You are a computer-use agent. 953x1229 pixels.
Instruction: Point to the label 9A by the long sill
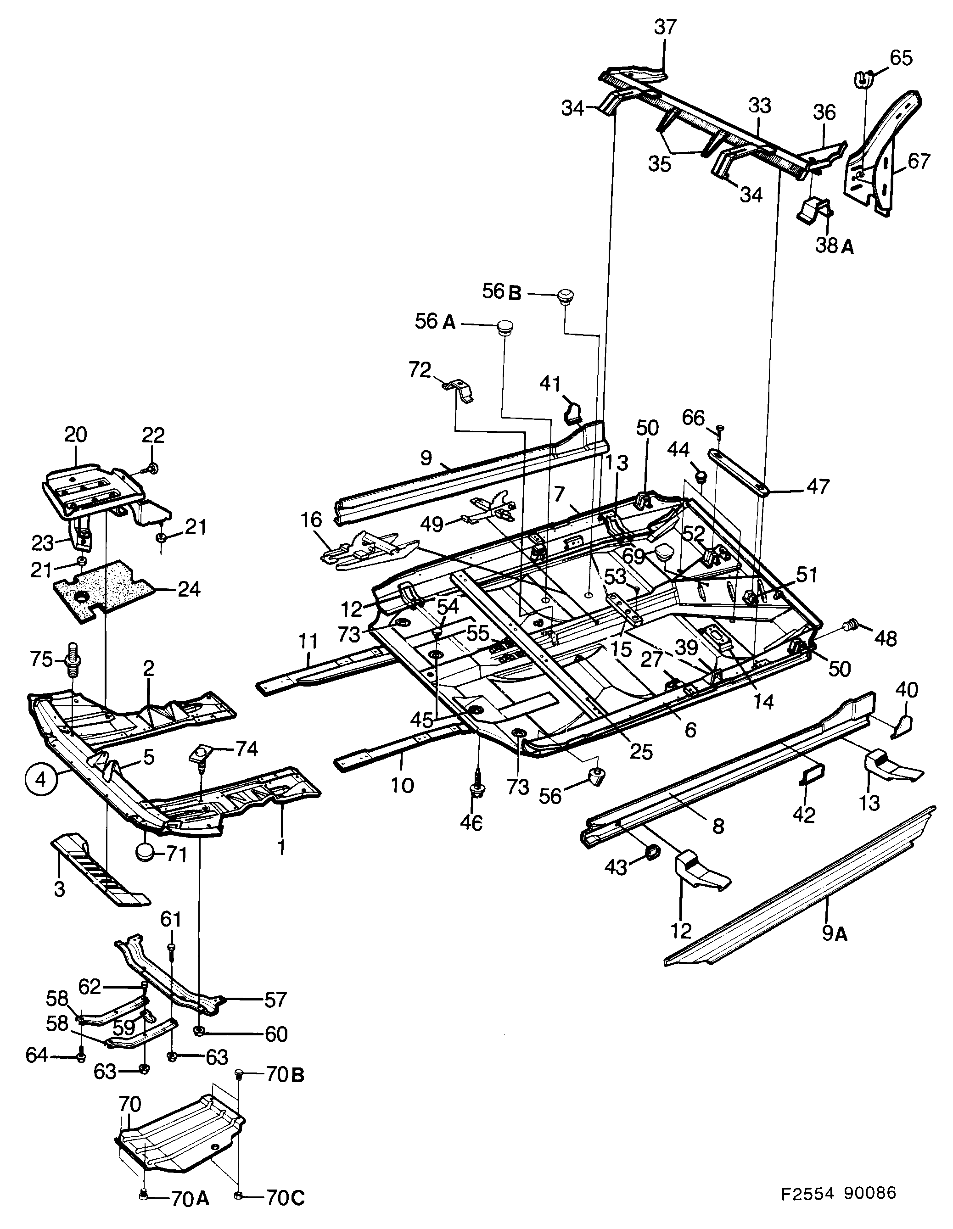tap(834, 934)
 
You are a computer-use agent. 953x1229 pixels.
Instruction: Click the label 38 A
tap(834, 246)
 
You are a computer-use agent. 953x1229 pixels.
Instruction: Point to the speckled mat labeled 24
tap(104, 590)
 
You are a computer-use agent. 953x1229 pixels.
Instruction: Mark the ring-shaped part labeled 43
tap(654, 854)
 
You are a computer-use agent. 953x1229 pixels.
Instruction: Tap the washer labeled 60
tap(199, 1031)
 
